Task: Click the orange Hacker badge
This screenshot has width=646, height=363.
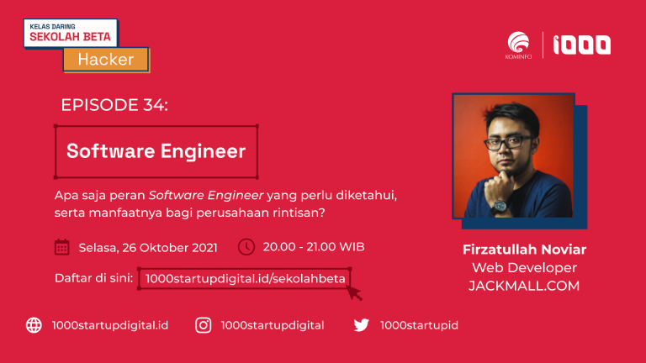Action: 106,60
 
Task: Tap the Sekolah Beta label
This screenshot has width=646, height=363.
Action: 71,33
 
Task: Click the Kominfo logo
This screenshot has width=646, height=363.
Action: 518,45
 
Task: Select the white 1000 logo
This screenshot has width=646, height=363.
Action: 582,45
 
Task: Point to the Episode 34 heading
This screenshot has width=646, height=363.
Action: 114,105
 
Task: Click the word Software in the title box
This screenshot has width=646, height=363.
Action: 110,150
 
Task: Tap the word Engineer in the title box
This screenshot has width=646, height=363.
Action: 203,151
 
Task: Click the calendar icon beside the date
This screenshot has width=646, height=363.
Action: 61,247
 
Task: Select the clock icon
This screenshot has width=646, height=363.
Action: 246,247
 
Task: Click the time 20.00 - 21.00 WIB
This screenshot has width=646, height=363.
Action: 314,246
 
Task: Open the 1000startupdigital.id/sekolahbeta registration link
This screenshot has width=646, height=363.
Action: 245,279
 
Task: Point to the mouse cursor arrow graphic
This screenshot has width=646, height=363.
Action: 354,292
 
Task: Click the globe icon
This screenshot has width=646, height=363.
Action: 34,325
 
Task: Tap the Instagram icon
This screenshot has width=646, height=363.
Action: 203,325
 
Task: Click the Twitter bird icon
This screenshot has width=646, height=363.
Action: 362,325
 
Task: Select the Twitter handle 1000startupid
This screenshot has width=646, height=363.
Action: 419,325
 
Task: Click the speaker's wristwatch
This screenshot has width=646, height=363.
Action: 499,206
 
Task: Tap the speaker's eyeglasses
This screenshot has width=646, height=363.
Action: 509,142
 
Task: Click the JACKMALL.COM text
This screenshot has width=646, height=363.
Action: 524,286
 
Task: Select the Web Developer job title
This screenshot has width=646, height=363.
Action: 524,267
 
